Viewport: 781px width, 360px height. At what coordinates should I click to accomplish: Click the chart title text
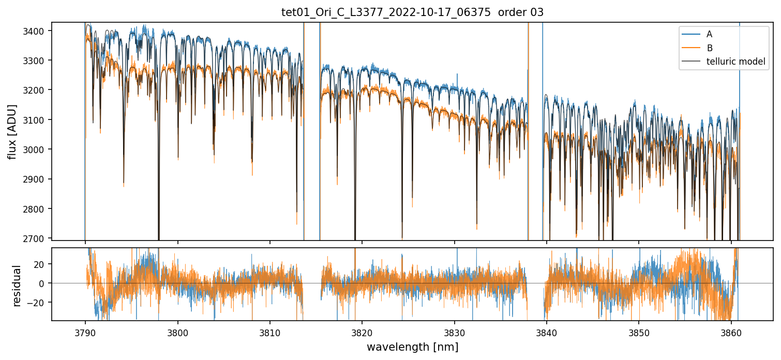[x=412, y=12]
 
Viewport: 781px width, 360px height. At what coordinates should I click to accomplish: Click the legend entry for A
[x=709, y=34]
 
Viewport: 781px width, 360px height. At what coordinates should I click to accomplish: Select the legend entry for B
[x=709, y=48]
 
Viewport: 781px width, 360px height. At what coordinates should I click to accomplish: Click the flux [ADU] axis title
[x=12, y=131]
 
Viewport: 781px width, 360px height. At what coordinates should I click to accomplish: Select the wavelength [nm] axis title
[x=412, y=347]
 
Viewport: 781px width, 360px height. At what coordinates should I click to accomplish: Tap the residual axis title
[x=17, y=286]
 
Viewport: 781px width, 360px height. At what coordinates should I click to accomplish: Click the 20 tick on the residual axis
[x=41, y=264]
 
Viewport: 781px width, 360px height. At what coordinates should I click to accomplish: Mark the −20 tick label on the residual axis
[x=39, y=303]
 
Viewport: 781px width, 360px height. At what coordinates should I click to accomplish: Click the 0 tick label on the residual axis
[x=44, y=283]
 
